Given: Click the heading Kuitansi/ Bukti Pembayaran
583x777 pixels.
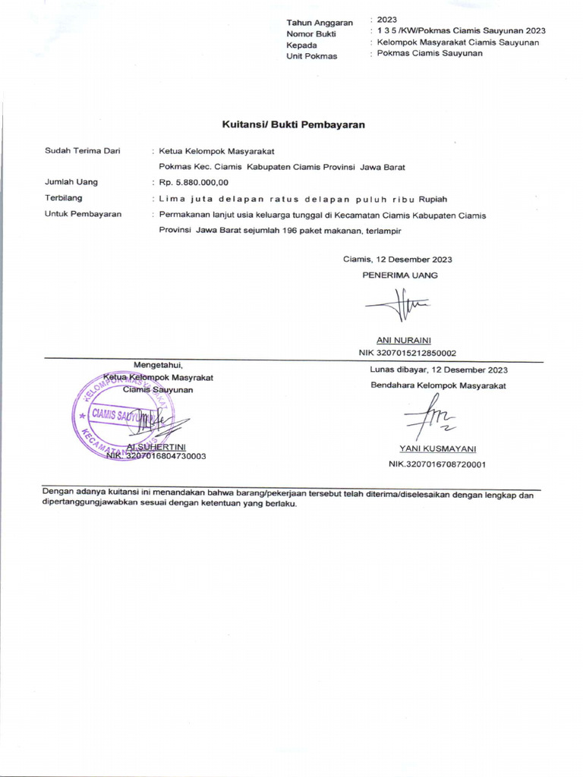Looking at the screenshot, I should click(293, 124).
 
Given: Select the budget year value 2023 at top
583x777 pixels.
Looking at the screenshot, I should click(386, 20).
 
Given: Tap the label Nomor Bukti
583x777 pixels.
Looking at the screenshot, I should click(310, 34).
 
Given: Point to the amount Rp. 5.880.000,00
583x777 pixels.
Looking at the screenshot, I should click(194, 182).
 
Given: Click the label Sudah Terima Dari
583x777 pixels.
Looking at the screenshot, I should click(83, 151).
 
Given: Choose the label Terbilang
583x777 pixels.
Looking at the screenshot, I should click(64, 198).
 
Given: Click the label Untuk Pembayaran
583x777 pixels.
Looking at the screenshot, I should click(83, 214).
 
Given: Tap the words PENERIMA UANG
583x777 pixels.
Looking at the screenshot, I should click(399, 275).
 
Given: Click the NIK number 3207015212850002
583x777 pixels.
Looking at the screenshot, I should click(407, 353).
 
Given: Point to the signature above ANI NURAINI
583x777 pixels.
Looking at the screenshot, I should click(397, 307).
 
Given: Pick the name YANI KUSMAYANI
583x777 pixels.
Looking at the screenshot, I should click(438, 449).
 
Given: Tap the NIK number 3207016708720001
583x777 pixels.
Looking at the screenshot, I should click(437, 464).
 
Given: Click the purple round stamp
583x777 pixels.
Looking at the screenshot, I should click(121, 417).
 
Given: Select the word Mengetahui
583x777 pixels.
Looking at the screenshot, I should click(159, 364).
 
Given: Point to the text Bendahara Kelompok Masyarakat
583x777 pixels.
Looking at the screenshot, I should click(438, 385).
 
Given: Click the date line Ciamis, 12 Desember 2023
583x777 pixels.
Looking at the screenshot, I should click(397, 260).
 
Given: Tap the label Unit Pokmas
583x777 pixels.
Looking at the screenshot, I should click(311, 57).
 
